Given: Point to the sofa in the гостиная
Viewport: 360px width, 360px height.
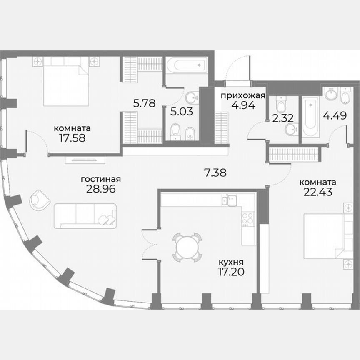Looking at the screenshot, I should point(85,215).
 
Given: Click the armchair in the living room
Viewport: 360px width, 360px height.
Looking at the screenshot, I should point(40,200).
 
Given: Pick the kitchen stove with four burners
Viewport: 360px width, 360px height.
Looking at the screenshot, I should point(248,219).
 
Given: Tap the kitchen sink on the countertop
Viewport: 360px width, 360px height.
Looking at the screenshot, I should point(229,200).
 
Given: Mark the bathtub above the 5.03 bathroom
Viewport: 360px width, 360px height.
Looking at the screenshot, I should point(186,65).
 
